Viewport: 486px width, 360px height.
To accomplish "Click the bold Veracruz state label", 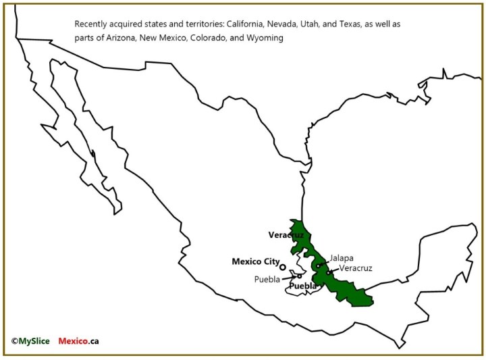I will pyautogui.click(x=286, y=235).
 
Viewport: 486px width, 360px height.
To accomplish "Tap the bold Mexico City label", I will pyautogui.click(x=255, y=261).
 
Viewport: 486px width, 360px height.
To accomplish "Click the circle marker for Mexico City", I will pyautogui.click(x=283, y=267).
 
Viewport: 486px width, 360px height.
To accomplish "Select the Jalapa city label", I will pyautogui.click(x=341, y=258).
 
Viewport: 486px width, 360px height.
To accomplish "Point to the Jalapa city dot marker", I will pyautogui.click(x=317, y=266).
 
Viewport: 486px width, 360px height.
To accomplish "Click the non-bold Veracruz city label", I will pyautogui.click(x=355, y=268).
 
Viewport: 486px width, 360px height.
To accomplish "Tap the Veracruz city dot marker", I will pyautogui.click(x=329, y=272).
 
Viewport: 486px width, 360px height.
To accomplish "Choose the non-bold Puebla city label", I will pyautogui.click(x=267, y=279).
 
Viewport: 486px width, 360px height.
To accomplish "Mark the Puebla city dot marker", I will pyautogui.click(x=300, y=276).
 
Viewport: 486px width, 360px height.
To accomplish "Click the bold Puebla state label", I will pyautogui.click(x=302, y=286).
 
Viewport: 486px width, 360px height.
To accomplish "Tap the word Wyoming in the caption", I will pyautogui.click(x=266, y=38).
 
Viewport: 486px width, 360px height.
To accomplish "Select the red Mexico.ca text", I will pyautogui.click(x=79, y=341).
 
